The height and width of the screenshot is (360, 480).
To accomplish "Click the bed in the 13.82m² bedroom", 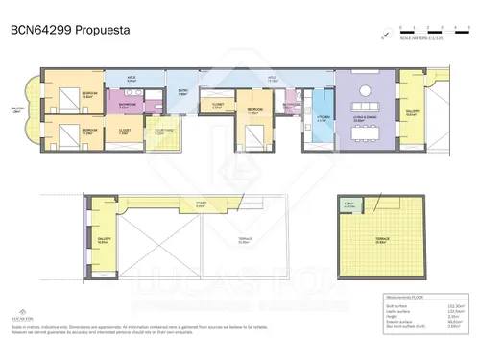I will [x=72, y=98].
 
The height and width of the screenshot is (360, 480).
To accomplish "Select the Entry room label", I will [x=181, y=94].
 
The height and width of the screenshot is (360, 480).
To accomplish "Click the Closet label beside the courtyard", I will [x=124, y=132].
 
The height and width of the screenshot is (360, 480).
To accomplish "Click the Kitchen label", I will [x=323, y=117].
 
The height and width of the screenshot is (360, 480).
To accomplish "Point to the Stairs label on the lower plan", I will [x=201, y=204].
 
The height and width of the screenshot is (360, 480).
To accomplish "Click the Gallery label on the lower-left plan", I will [x=103, y=242].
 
